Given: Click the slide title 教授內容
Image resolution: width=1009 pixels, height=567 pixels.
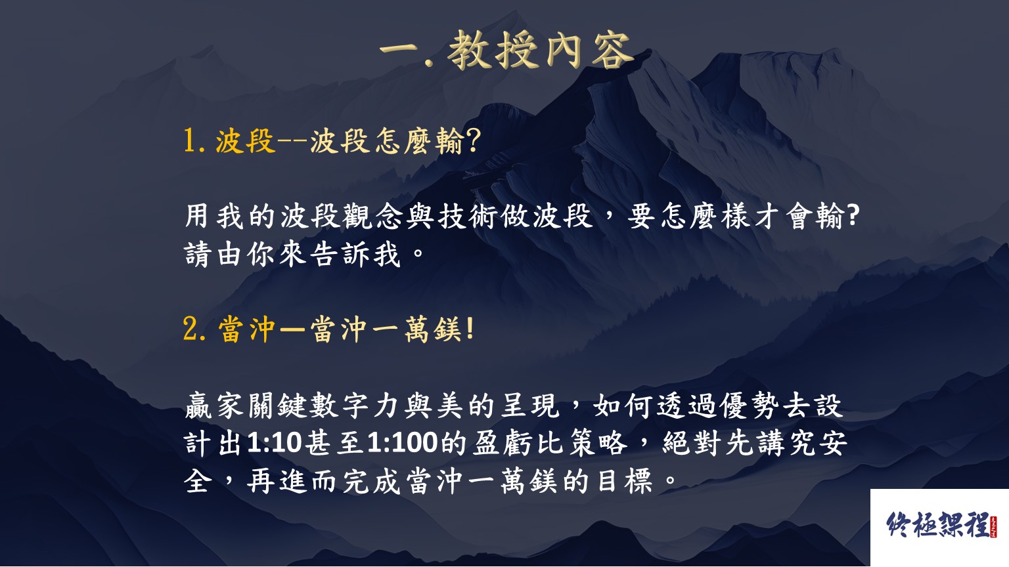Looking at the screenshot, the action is pyautogui.click(x=540, y=51).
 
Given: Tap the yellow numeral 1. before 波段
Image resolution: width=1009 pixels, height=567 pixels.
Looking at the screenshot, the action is pyautogui.click(x=194, y=141).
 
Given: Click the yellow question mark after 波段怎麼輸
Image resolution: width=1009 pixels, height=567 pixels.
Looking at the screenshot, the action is pyautogui.click(x=474, y=141).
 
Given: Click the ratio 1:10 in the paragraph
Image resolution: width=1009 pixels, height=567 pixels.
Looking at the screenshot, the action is pyautogui.click(x=274, y=443).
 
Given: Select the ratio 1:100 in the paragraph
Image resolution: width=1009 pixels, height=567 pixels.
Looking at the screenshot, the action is pyautogui.click(x=402, y=443).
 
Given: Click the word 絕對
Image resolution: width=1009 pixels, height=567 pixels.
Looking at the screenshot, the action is pyautogui.click(x=693, y=443).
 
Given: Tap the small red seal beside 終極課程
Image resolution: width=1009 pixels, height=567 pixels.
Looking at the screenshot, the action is pyautogui.click(x=994, y=527).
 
